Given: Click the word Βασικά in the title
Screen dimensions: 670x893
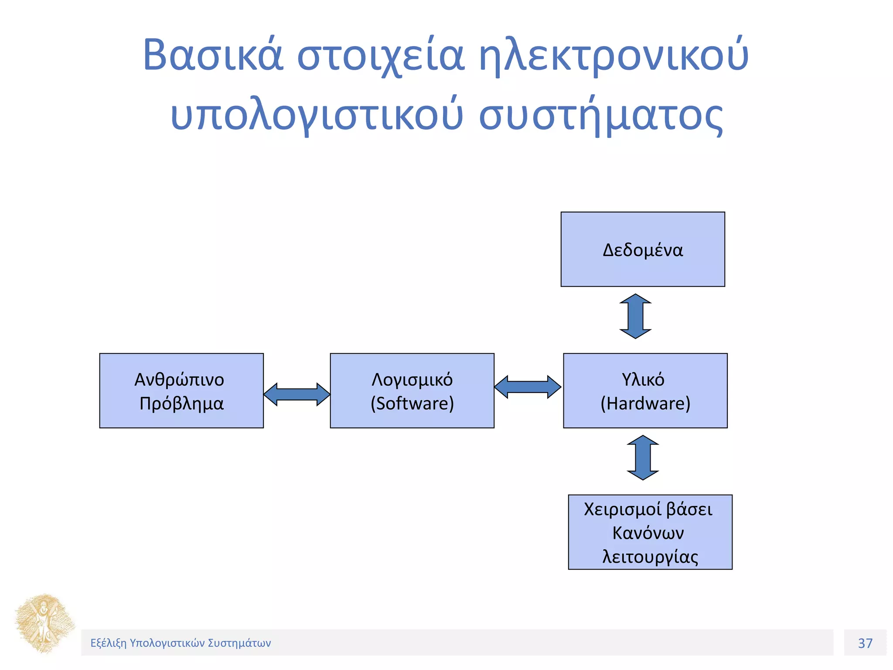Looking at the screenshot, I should (x=213, y=56).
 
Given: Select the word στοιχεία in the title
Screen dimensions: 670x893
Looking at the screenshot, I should (x=381, y=56).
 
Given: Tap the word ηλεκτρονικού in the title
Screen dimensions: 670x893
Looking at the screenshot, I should (x=614, y=56).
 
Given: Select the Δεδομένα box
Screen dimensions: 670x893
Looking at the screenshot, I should (x=643, y=250).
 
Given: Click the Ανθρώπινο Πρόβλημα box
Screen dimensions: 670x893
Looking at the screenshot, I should (x=181, y=391).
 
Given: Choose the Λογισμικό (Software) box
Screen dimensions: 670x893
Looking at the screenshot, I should (x=412, y=391).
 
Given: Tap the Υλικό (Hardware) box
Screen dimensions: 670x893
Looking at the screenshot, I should (x=645, y=391).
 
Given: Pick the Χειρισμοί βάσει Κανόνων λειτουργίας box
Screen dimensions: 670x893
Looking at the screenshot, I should (x=650, y=532).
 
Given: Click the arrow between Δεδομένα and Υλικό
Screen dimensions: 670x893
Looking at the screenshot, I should (x=636, y=316).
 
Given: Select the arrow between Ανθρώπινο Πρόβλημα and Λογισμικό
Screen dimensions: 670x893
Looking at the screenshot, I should (x=297, y=394).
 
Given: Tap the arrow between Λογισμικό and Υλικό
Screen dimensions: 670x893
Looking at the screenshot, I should (x=528, y=387).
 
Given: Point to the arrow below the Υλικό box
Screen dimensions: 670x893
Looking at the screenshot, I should (x=643, y=458).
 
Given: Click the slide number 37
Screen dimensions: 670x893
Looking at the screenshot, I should (x=865, y=643).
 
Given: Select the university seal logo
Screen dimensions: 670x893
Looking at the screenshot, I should (x=44, y=624).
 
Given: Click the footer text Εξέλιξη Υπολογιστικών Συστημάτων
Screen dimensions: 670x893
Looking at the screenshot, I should (x=181, y=643).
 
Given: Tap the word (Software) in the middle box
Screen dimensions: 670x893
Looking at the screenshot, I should (x=412, y=403).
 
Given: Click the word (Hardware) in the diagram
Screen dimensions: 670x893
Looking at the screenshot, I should (x=645, y=403).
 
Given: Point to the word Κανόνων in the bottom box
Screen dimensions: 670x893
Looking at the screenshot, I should (x=648, y=533).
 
